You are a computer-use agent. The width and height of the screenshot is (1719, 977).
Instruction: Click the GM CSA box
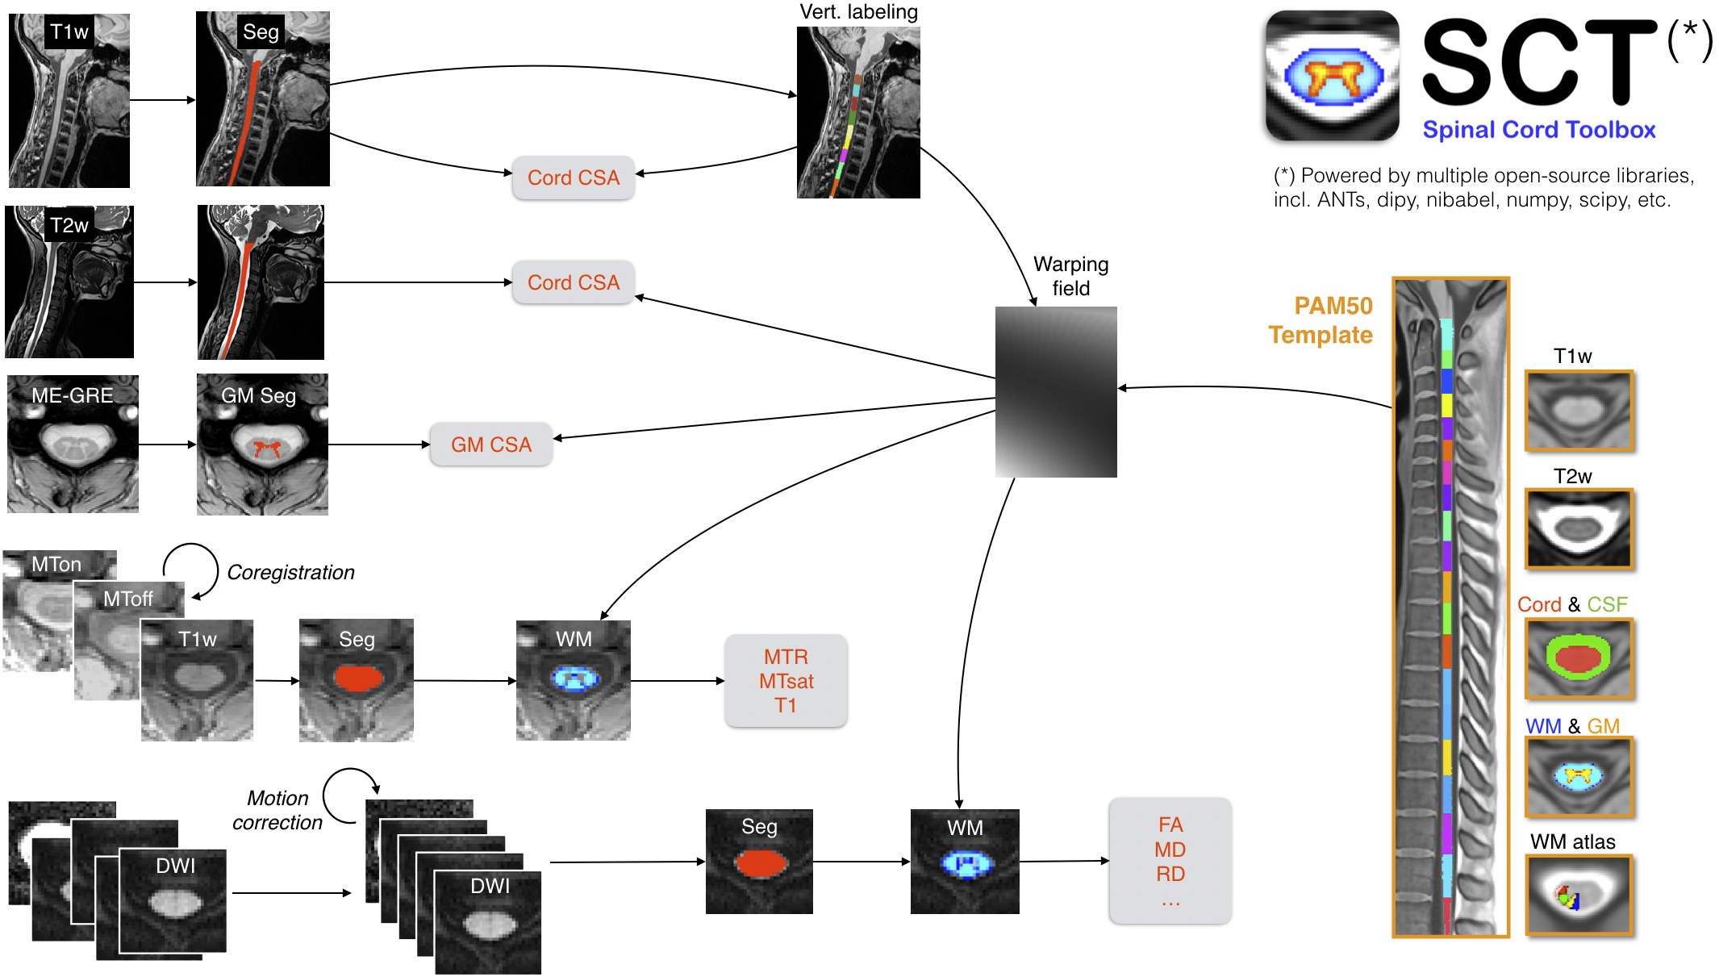[x=490, y=445]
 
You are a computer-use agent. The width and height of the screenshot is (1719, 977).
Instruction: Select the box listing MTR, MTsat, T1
[x=786, y=681]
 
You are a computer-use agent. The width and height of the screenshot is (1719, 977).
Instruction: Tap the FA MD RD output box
[x=1170, y=861]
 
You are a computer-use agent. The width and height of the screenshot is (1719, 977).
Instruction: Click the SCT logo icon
[x=1332, y=76]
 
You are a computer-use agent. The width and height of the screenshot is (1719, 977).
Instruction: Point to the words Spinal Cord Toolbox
[x=1538, y=130]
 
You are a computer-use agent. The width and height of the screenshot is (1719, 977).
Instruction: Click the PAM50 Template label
[x=1321, y=320]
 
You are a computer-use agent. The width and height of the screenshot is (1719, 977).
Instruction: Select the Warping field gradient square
[x=1056, y=392]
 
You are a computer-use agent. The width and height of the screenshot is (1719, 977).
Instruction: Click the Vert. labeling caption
[x=858, y=12]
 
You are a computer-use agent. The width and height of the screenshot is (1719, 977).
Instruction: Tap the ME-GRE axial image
[x=73, y=444]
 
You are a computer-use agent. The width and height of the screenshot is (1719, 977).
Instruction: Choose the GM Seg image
[x=262, y=445]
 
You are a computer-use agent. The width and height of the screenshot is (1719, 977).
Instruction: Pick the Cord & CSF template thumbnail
[x=1579, y=658]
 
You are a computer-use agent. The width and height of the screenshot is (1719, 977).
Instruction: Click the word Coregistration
[x=290, y=572]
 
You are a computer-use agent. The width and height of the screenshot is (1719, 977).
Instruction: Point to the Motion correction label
[x=277, y=810]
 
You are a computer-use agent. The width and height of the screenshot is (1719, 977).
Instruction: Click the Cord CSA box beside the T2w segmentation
[x=573, y=282]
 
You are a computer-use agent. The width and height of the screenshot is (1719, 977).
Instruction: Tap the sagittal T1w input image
[x=69, y=101]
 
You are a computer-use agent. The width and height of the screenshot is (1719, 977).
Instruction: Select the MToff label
[x=127, y=599]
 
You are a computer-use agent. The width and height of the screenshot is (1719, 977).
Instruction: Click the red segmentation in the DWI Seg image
[x=760, y=863]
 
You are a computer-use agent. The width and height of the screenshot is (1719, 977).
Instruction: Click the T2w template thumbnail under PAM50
[x=1579, y=529]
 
